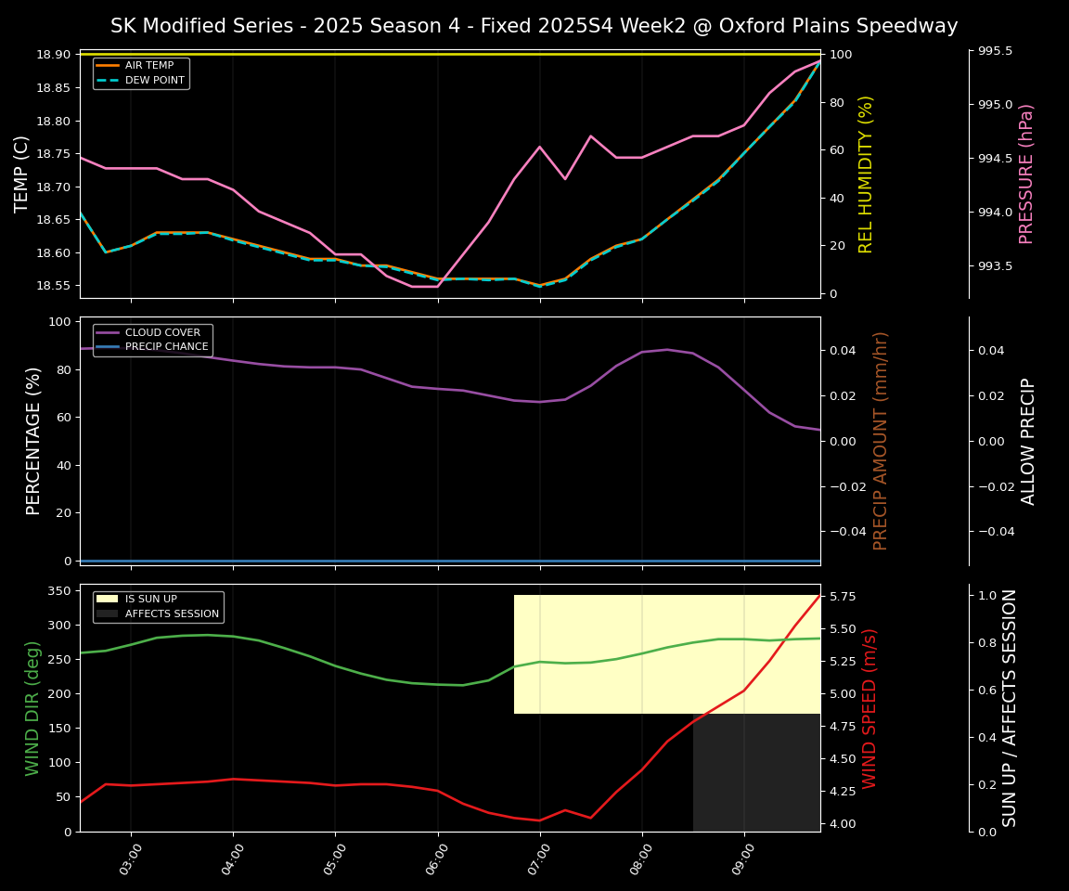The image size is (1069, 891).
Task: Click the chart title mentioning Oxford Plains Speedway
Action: [x=534, y=26]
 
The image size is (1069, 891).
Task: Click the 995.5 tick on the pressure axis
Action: [x=998, y=51]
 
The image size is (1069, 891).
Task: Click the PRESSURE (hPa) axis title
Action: [x=1026, y=174]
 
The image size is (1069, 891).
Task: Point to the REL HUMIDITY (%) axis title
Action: [x=867, y=174]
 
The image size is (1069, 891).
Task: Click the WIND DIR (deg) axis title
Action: [x=33, y=708]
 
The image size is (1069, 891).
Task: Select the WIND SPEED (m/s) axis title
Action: [x=869, y=708]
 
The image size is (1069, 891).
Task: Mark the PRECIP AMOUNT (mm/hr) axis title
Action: [x=881, y=441]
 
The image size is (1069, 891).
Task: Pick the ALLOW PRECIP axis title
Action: [x=1028, y=441]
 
